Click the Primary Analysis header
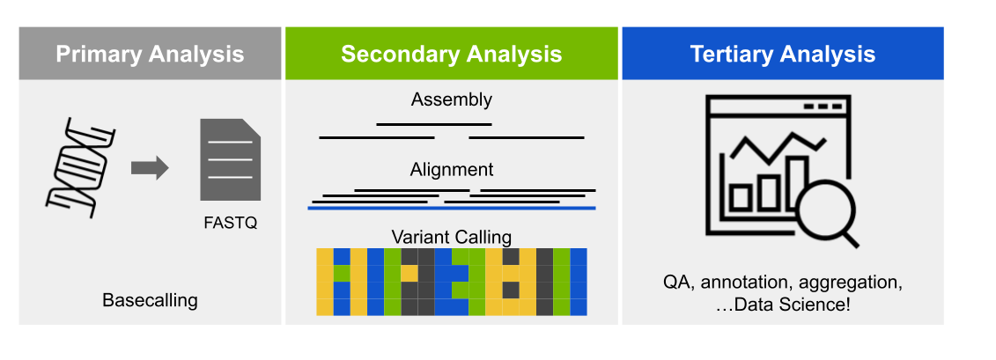(x=150, y=54)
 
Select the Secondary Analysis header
(x=451, y=54)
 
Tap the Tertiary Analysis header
(x=782, y=54)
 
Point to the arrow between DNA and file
(x=150, y=168)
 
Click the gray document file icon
(x=231, y=159)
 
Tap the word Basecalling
(x=150, y=300)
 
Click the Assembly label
(x=451, y=99)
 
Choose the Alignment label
(x=451, y=169)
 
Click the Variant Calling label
(x=451, y=237)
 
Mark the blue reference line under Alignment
(x=451, y=209)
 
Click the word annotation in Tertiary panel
(x=746, y=283)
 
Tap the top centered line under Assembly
(x=433, y=124)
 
